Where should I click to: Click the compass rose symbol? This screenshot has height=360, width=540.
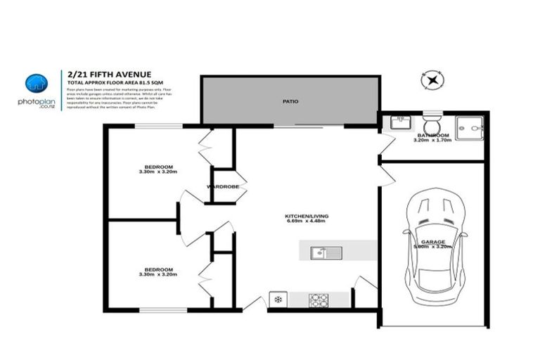432,80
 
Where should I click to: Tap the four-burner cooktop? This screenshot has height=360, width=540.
319,300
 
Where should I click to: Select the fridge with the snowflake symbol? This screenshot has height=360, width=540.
278,300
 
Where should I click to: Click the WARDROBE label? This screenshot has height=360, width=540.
223,187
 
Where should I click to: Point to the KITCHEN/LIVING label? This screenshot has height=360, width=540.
307,215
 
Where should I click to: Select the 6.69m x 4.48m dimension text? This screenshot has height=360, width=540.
307,221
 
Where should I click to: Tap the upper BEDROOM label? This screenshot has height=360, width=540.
158,166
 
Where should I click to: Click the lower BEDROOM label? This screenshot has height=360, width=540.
158,269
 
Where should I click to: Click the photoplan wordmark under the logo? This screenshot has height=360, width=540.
37,101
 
